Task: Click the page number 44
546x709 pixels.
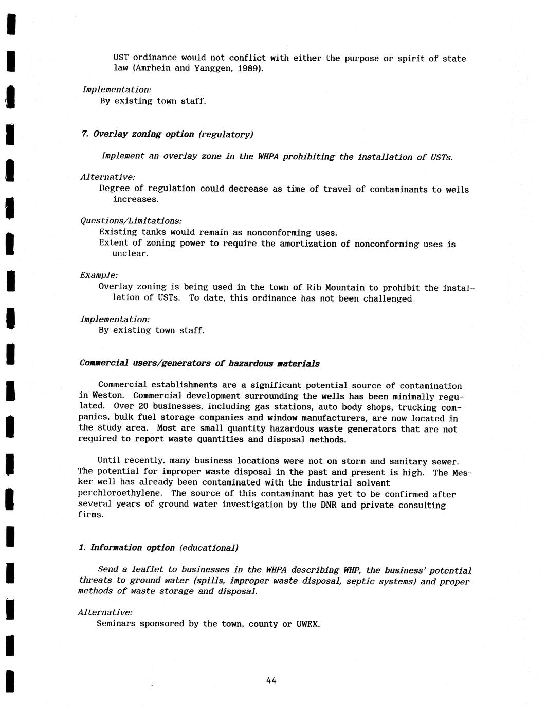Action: (x=271, y=680)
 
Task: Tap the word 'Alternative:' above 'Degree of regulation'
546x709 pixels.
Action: (x=101, y=177)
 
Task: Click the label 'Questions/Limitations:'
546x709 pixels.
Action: (x=131, y=221)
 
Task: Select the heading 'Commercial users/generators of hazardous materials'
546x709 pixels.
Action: (x=199, y=363)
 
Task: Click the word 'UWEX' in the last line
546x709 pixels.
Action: (x=307, y=624)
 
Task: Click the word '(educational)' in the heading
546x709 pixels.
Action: (x=209, y=548)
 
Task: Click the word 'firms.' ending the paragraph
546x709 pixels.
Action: (x=91, y=515)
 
